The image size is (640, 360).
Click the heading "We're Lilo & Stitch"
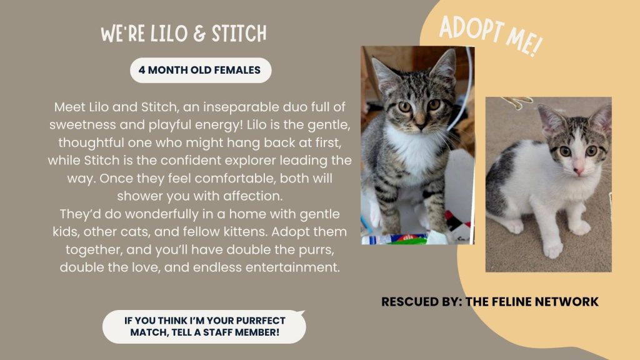tap(184, 34)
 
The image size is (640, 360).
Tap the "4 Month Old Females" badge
tap(200, 71)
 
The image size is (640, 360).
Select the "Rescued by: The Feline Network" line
tap(489, 302)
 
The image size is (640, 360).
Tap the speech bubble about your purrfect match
tap(204, 326)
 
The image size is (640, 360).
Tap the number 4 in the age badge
tap(142, 71)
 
